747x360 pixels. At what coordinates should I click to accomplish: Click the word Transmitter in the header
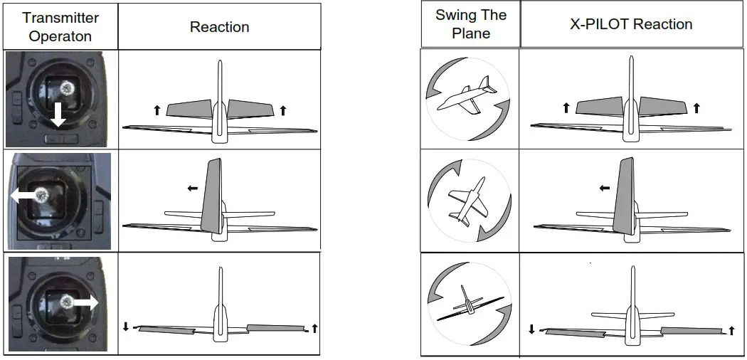coord(60,18)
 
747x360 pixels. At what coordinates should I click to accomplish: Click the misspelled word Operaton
coord(60,36)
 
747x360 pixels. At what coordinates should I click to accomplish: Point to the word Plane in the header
coord(470,33)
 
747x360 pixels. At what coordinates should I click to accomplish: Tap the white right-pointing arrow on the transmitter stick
coord(85,302)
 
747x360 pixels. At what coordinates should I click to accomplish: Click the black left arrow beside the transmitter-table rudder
coord(192,188)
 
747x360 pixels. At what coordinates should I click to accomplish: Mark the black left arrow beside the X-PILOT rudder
coord(604,188)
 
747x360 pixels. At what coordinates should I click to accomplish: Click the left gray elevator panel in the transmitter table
coord(190,109)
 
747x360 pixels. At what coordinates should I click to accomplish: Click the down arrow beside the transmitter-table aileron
coord(126,327)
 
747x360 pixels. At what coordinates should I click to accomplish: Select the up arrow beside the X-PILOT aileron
coord(731,330)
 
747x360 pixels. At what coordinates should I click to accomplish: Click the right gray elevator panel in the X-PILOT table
coord(662,106)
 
